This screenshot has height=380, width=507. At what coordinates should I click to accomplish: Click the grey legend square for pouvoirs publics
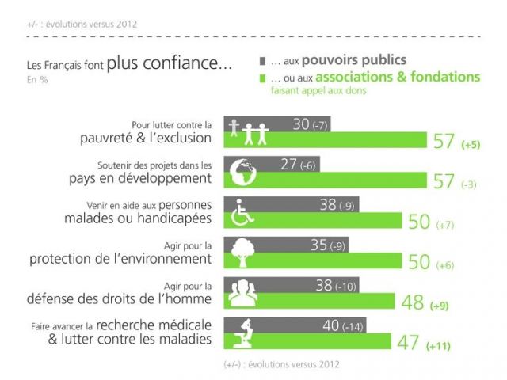click(263, 60)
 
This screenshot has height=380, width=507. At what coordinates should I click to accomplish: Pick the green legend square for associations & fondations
click(263, 78)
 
